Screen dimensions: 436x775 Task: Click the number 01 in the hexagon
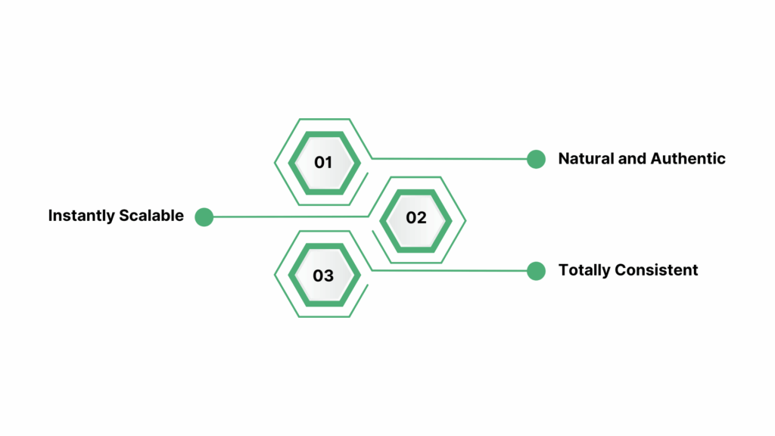[323, 162]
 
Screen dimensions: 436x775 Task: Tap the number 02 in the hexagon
[416, 218]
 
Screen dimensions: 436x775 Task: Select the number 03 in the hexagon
[323, 276]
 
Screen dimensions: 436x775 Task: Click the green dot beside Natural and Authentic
[536, 159]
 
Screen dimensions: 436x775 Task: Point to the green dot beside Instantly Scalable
[204, 217]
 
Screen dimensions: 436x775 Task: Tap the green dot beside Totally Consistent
[536, 270]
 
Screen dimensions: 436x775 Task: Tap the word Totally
[584, 270]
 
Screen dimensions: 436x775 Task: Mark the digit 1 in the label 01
[328, 162]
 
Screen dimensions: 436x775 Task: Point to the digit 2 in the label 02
[422, 218]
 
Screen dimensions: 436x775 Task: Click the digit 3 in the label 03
[328, 276]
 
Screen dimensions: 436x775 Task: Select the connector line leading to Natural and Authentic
[454, 159]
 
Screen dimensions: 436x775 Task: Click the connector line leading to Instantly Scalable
[288, 217]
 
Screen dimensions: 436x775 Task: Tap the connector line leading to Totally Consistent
[454, 270]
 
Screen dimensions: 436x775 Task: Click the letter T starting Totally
[563, 270]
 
